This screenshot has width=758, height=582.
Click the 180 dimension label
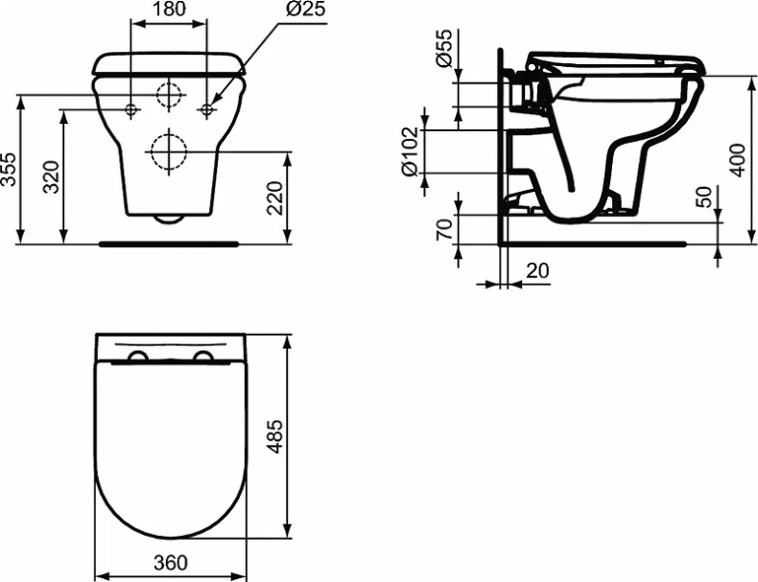(x=169, y=10)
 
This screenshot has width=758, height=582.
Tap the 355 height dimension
(x=10, y=171)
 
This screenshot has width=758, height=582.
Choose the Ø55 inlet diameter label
(x=444, y=48)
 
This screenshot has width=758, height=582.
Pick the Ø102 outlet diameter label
(x=411, y=151)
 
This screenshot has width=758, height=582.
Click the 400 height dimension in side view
(x=737, y=159)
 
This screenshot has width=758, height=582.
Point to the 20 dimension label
(x=538, y=272)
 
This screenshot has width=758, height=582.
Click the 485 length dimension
(x=274, y=436)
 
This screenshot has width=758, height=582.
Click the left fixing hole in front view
(x=131, y=110)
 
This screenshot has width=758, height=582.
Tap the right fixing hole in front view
(x=206, y=110)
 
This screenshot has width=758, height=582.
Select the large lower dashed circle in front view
(x=168, y=151)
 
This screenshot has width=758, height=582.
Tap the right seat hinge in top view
(x=202, y=358)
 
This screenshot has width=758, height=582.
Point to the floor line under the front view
(x=169, y=244)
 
